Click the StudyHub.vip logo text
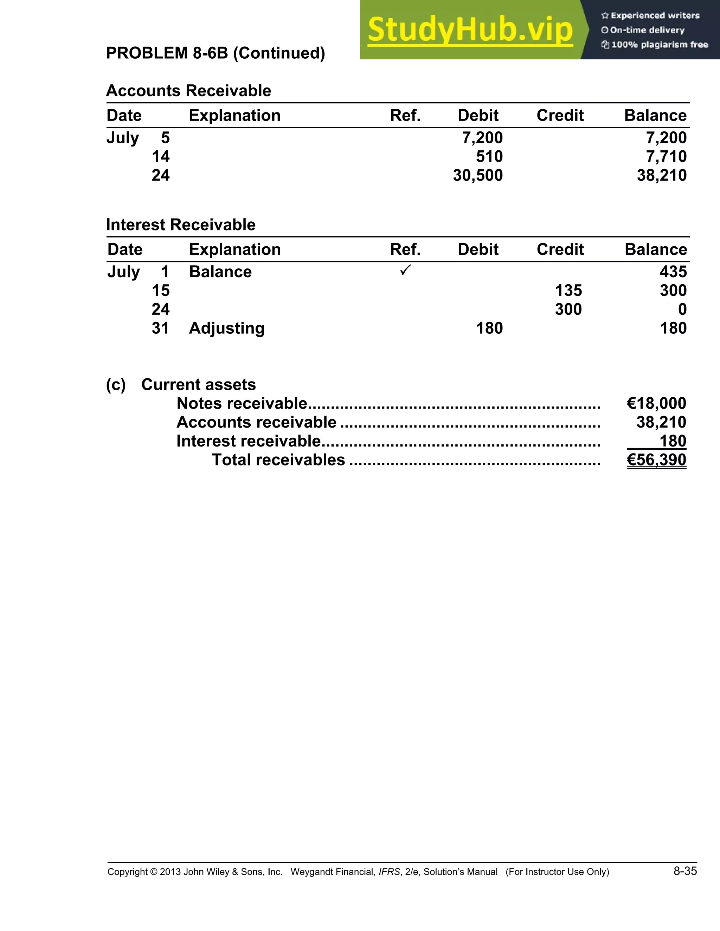coord(470,30)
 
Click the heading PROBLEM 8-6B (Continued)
coord(216,53)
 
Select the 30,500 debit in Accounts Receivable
coord(478,175)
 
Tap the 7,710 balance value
coord(666,156)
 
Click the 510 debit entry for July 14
coord(489,156)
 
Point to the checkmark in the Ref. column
coord(405,270)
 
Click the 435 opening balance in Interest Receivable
coord(673,272)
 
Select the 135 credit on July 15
coord(568,290)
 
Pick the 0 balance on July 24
coord(682,309)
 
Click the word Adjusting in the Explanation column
coord(226,328)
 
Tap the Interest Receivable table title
coord(180,224)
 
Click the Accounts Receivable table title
coord(188,91)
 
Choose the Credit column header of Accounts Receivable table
coord(560,116)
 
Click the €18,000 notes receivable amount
coord(656,403)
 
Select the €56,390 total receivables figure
coord(656,460)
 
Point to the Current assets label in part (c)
coord(198,384)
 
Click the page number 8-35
coord(685,871)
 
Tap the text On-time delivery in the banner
coord(647,30)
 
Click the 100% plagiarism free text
coord(659,45)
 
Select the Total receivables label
coord(278,460)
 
